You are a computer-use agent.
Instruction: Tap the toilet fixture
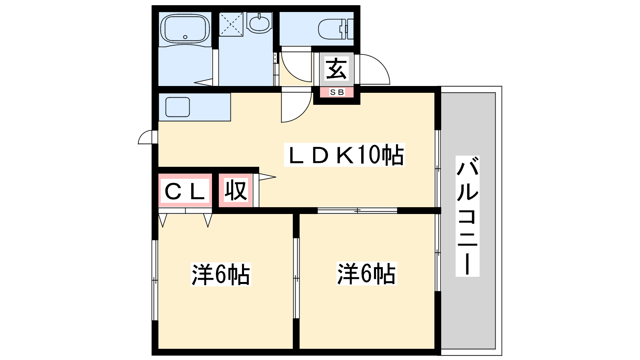point(336,29)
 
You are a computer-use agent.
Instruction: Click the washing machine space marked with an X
point(231,24)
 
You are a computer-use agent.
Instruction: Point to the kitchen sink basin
point(178,107)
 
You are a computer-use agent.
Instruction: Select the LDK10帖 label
point(344,155)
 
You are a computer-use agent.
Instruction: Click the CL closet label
point(185,190)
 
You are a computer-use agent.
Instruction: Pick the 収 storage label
point(236,190)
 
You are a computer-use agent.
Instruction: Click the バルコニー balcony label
point(468,216)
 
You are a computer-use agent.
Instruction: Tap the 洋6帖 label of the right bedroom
point(366,274)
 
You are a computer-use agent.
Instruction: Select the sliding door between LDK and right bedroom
point(357,211)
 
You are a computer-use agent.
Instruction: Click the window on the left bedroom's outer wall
point(154,280)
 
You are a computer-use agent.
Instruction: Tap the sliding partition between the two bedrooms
point(296,278)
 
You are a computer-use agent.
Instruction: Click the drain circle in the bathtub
point(185,37)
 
